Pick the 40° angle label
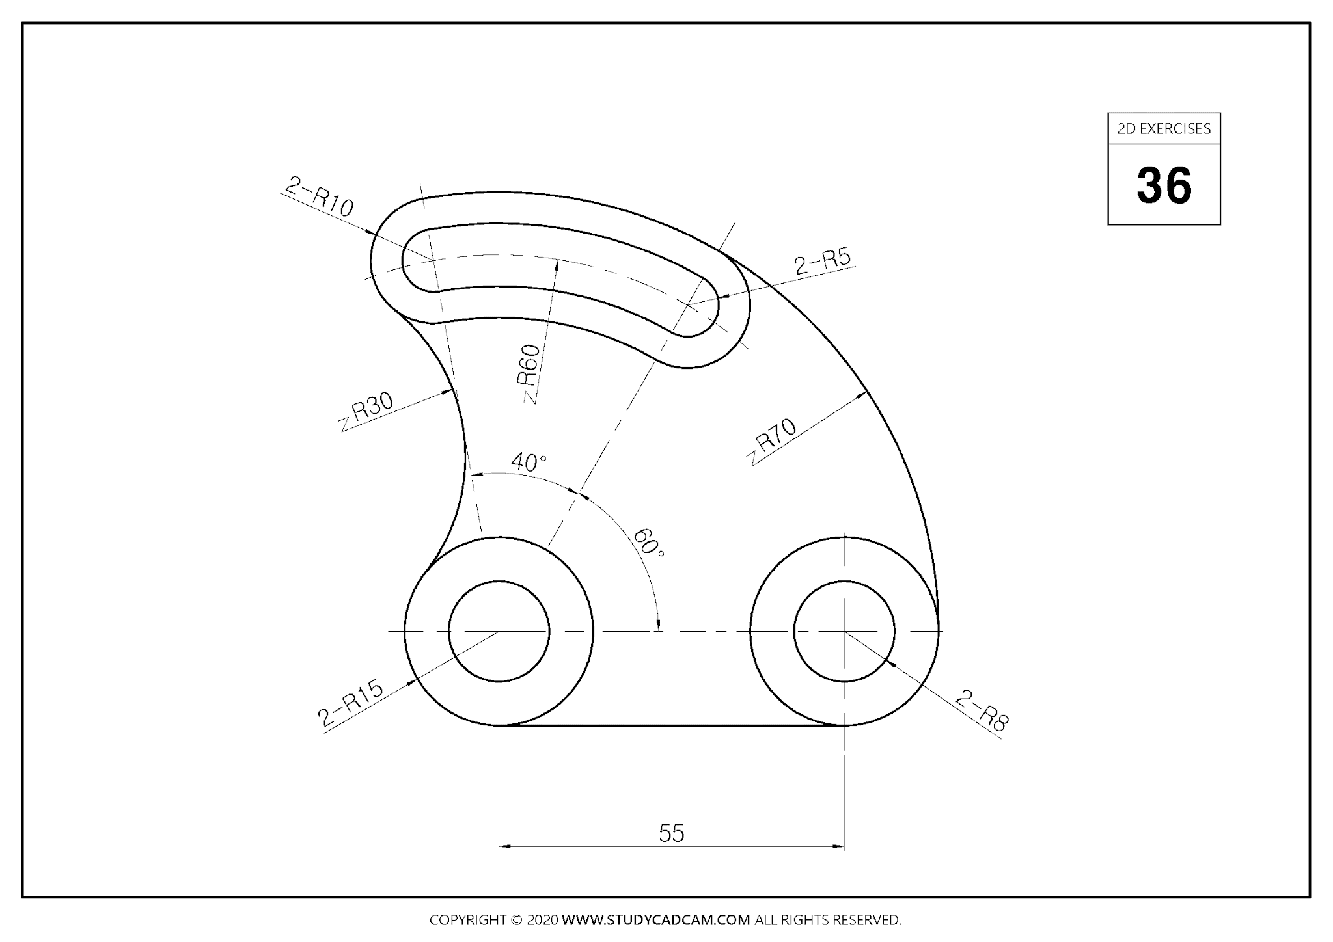[528, 463]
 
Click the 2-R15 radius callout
[350, 704]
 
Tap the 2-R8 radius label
[982, 712]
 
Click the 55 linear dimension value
[671, 833]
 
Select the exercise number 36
[1164, 185]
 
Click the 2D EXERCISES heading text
[1164, 129]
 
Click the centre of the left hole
[499, 631]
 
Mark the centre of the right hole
[844, 631]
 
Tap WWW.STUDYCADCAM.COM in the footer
[655, 920]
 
